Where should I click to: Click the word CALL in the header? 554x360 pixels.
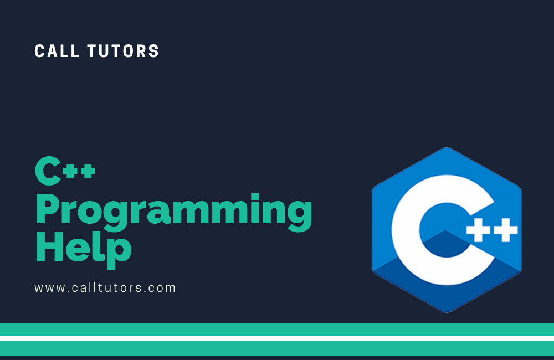(x=57, y=51)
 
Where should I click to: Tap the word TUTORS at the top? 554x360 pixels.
(x=124, y=51)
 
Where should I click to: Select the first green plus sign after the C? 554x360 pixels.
(x=71, y=171)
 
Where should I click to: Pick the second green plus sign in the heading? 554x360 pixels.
(x=88, y=171)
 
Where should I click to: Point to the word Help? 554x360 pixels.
(x=84, y=249)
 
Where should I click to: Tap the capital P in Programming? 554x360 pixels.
(x=47, y=209)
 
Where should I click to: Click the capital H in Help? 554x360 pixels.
(x=49, y=246)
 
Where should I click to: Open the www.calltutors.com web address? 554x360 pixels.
(x=105, y=287)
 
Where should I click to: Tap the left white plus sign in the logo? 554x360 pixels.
(x=478, y=230)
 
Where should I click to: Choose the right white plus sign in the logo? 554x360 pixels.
(x=506, y=230)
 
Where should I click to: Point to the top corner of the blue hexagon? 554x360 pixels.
(x=447, y=147)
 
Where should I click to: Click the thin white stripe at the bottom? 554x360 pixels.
(x=277, y=338)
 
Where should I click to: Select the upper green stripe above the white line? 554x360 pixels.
(x=277, y=330)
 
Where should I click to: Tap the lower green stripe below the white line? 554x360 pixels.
(x=277, y=348)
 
